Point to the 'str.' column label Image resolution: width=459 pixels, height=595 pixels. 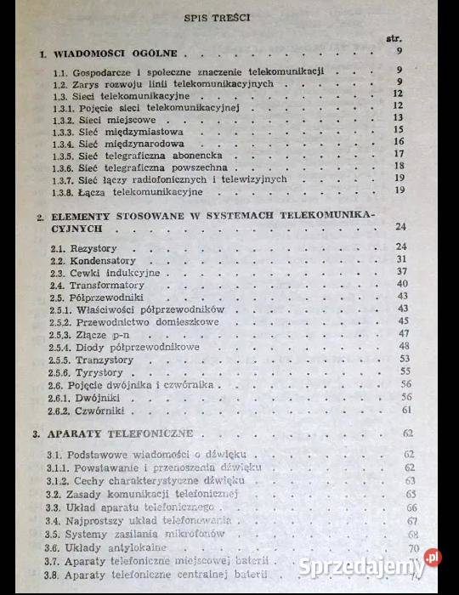[x=394, y=39]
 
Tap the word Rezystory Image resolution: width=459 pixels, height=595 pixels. [x=96, y=246]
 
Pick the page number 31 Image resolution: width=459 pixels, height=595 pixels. [x=403, y=258]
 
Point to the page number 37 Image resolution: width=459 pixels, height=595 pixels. [x=404, y=271]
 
